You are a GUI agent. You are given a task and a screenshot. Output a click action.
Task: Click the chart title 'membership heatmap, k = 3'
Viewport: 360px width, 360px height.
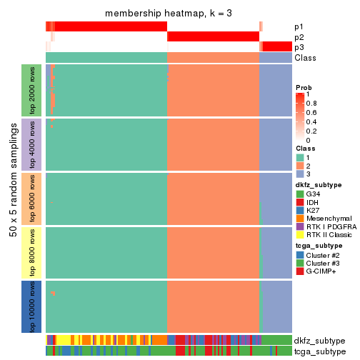pos(169,14)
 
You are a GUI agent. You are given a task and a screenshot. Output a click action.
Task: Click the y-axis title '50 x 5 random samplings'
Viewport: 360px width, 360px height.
pos(12,199)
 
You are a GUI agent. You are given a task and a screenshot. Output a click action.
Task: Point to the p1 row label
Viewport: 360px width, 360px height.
pos(299,27)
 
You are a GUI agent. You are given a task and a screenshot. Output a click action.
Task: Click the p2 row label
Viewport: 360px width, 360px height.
pos(299,37)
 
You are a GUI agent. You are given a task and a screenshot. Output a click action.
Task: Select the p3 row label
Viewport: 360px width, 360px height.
pos(299,47)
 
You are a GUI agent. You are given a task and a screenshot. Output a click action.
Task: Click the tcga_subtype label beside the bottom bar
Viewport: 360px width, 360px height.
pos(319,351)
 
